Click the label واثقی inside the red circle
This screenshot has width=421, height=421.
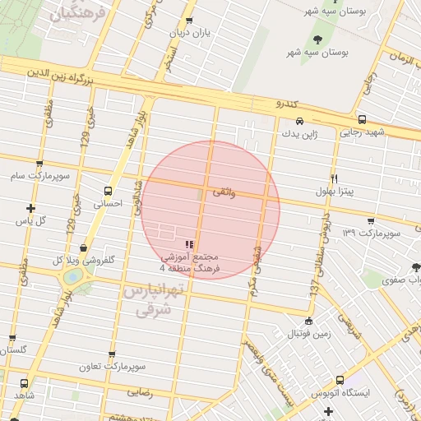click(224, 192)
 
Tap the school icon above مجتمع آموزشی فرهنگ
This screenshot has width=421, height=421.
click(190, 243)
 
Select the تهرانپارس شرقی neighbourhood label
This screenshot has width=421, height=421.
click(155, 300)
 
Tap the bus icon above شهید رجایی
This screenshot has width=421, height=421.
click(363, 120)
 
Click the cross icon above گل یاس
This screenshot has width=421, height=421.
click(31, 208)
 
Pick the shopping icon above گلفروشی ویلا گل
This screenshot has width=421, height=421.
click(83, 248)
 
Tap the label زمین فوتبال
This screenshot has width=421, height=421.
click(308, 334)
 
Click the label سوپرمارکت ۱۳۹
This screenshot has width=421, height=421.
click(372, 234)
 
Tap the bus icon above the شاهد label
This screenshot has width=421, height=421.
click(23, 383)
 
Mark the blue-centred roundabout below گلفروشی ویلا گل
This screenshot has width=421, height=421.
click(73, 276)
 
